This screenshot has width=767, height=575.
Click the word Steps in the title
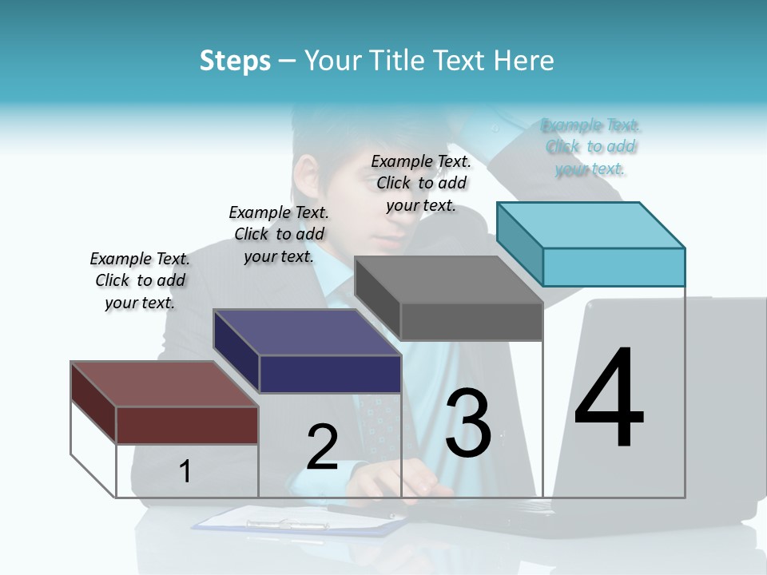[235, 61]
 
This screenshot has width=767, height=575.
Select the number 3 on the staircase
[467, 422]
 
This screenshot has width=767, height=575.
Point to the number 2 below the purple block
[322, 446]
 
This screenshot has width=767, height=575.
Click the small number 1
[185, 471]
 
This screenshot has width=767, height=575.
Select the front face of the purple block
[330, 374]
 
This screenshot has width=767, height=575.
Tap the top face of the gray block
[447, 280]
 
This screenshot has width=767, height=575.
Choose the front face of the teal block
[614, 267]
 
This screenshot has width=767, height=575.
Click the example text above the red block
[140, 280]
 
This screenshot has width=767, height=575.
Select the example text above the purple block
[279, 234]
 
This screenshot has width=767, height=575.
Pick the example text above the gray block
[421, 183]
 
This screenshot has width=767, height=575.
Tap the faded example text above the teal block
[590, 147]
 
